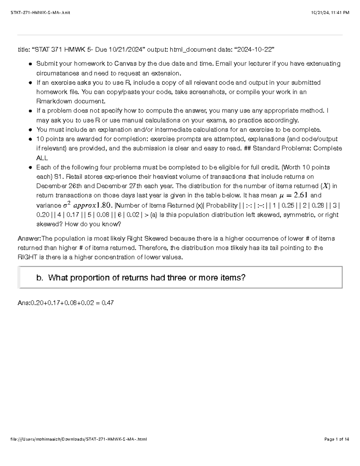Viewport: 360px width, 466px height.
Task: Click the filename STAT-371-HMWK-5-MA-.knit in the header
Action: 40,13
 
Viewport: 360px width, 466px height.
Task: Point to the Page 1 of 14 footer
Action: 337,439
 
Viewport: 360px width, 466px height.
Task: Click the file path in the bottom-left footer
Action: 79,439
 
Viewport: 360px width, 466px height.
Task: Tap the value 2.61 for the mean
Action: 301,195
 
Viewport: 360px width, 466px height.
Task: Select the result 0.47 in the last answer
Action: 108,303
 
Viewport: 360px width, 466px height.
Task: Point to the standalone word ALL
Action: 42,158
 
